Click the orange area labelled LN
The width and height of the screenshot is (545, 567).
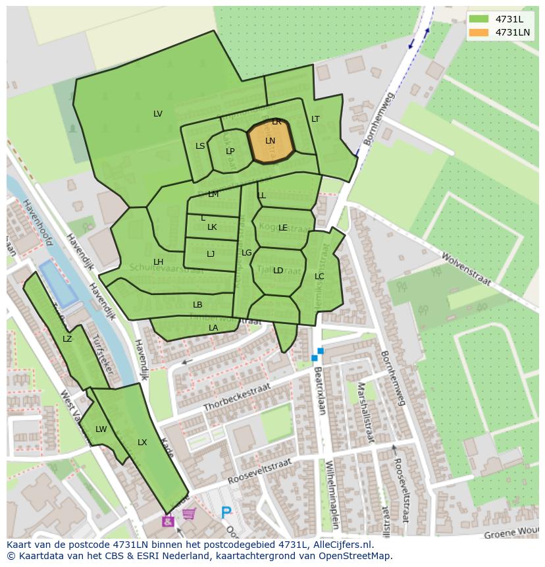click(x=271, y=142)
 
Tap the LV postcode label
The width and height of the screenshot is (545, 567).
click(x=158, y=114)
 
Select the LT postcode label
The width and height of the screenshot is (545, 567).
click(x=315, y=119)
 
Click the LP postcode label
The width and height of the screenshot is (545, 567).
click(x=230, y=151)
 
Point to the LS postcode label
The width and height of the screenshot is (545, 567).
click(x=200, y=146)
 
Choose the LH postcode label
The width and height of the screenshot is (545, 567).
click(x=158, y=262)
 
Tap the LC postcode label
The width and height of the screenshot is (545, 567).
click(x=319, y=277)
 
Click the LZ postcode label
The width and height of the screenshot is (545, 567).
click(x=67, y=339)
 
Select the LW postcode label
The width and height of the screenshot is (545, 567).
click(x=101, y=429)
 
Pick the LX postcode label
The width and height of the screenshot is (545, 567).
click(x=142, y=443)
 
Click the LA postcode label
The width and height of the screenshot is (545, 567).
click(x=213, y=328)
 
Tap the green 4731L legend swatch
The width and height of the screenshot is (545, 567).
click(x=479, y=19)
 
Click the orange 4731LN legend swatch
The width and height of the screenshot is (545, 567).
click(x=479, y=32)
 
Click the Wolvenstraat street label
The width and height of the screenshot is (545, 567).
click(x=466, y=268)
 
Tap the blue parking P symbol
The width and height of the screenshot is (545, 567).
click(x=226, y=512)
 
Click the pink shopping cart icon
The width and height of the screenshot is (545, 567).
click(x=189, y=514)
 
